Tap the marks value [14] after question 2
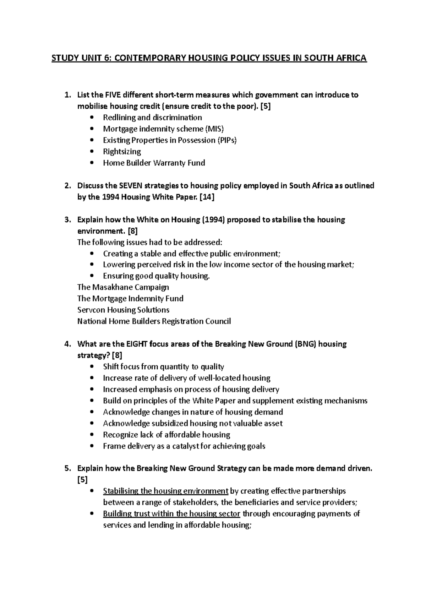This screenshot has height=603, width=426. (206, 197)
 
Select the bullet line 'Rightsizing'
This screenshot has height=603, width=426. (122, 152)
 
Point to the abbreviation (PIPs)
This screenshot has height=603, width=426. (226, 140)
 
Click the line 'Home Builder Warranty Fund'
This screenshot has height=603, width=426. (154, 163)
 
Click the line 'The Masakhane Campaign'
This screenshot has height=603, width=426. (123, 287)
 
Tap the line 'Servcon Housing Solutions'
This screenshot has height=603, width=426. (123, 310)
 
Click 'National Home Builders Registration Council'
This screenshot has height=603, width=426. (154, 321)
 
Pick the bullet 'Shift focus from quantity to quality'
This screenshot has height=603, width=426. (163, 366)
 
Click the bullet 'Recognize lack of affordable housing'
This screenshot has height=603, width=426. (166, 435)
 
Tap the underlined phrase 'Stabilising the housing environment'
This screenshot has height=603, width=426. (165, 491)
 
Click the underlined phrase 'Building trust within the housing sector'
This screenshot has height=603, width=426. (171, 514)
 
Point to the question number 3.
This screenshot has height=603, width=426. (67, 220)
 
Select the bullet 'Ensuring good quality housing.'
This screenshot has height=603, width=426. (156, 276)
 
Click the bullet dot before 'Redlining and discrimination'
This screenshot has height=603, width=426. (93, 118)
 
